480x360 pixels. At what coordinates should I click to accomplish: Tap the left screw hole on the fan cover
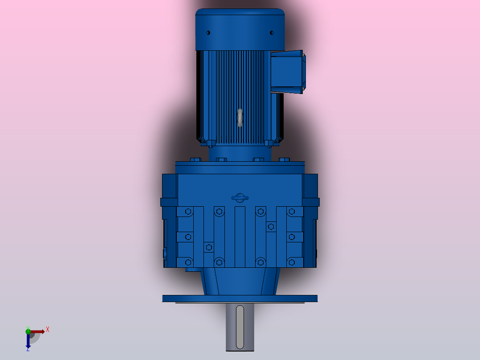(208, 33)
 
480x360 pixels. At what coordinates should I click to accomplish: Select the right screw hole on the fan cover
(272, 33)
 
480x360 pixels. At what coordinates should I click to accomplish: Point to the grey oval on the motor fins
(240, 118)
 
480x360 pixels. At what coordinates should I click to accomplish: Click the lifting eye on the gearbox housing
(240, 198)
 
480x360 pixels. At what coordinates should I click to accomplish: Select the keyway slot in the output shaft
(240, 327)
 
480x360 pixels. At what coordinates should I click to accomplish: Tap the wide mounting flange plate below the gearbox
(240, 298)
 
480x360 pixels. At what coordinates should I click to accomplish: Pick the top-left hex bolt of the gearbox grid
(188, 212)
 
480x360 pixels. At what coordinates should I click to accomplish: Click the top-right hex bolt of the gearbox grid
(291, 212)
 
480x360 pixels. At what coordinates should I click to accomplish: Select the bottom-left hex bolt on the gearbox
(188, 262)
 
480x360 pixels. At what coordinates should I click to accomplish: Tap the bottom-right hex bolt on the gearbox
(291, 262)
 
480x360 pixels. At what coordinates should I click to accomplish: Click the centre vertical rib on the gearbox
(240, 236)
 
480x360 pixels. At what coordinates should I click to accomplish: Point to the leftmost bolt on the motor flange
(195, 160)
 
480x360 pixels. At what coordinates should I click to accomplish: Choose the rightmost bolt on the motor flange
(284, 160)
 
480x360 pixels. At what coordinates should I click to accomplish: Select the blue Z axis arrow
(28, 342)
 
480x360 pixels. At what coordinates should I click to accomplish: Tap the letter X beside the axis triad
(48, 330)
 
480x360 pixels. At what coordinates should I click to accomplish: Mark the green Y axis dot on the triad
(28, 331)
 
